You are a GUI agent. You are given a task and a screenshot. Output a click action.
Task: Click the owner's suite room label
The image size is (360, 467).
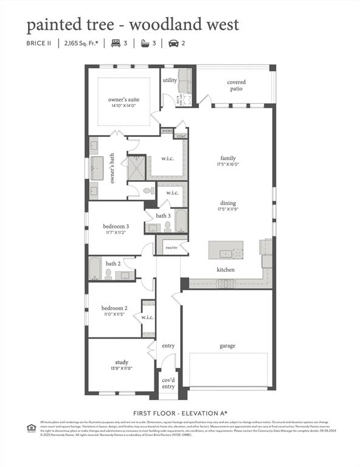click(123, 99)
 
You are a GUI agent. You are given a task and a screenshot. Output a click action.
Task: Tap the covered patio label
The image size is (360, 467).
click(236, 85)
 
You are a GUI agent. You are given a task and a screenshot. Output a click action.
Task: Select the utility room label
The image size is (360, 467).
click(170, 80)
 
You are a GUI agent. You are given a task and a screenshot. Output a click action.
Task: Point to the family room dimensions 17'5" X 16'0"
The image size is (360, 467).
click(228, 164)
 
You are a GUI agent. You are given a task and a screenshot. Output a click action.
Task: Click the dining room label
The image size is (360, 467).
click(228, 203)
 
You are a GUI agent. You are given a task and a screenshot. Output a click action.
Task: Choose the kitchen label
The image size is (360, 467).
click(226, 269)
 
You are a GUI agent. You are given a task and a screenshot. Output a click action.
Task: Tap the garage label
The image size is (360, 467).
click(227, 346)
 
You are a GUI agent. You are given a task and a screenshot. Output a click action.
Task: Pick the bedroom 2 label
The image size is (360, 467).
click(114, 308)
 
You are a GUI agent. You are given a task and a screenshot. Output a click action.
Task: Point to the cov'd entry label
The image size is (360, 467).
click(168, 382)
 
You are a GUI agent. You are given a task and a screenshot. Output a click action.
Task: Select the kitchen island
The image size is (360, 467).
click(226, 250)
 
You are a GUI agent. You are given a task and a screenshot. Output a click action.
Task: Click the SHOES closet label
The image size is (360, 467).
click(167, 131)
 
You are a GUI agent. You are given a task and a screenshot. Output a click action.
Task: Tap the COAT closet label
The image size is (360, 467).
click(181, 136)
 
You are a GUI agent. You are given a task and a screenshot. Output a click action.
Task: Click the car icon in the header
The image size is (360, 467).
click(173, 43)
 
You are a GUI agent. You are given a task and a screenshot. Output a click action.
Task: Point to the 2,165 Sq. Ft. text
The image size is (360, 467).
click(82, 43)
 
